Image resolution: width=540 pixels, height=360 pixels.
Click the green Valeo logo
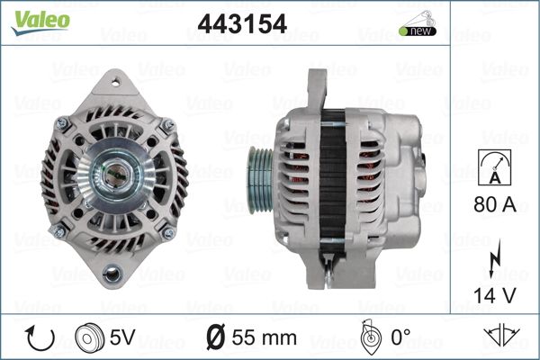click(40, 22)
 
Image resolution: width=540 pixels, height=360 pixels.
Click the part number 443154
click(242, 23)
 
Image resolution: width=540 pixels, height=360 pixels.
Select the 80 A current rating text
click(495, 204)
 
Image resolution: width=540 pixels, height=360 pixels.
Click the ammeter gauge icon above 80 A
click(494, 167)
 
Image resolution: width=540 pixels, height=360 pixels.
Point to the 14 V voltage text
click(495, 295)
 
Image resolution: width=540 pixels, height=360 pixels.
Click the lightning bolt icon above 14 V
click(495, 258)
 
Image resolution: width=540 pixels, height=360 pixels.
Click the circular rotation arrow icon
click(40, 337)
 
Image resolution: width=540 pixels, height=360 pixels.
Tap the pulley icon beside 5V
click(89, 337)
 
